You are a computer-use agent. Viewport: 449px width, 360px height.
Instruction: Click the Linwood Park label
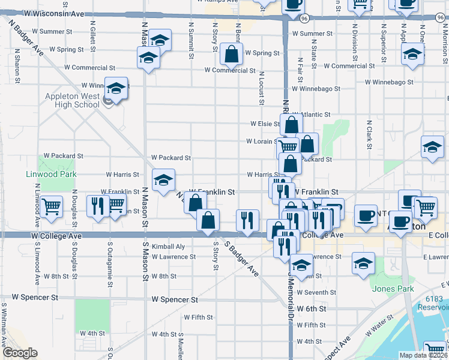tap(52, 174)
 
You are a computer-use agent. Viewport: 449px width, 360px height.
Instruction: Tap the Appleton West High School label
tap(71, 100)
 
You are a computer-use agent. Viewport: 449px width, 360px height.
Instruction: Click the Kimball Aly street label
tap(168, 247)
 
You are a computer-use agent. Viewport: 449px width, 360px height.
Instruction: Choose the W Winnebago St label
tap(390, 82)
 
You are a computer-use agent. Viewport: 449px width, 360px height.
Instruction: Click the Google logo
tap(20, 353)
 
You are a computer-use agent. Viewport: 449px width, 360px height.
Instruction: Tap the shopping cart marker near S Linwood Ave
tap(52, 206)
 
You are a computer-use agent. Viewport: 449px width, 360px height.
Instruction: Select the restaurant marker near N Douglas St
tap(97, 205)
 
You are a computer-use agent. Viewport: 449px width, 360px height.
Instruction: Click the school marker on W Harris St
tap(163, 179)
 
